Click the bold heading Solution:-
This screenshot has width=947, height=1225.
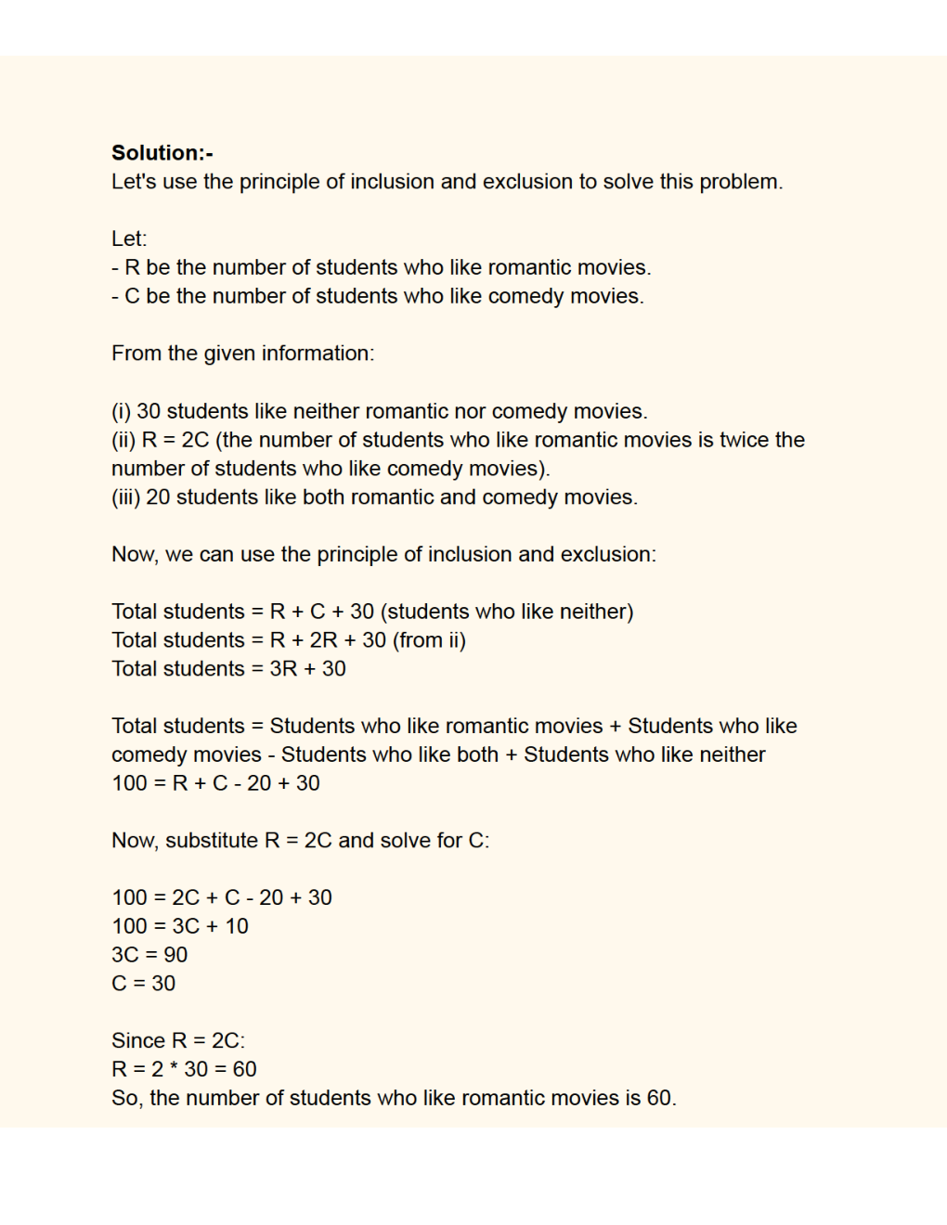pyautogui.click(x=162, y=153)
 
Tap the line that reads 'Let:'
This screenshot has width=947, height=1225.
pyautogui.click(x=129, y=239)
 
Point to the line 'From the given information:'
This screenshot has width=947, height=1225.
pyautogui.click(x=242, y=354)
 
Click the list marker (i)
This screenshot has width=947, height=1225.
pyautogui.click(x=122, y=411)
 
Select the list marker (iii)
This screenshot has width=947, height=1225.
pyautogui.click(x=126, y=497)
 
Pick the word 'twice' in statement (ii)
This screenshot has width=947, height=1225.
pyautogui.click(x=744, y=440)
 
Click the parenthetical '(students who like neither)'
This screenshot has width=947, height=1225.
pyautogui.click(x=507, y=612)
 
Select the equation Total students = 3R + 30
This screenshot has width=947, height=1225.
pyautogui.click(x=228, y=669)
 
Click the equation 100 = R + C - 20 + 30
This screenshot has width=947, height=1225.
pyautogui.click(x=215, y=783)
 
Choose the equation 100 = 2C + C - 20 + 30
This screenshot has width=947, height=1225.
pyautogui.click(x=222, y=897)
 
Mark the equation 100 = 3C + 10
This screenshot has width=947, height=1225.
pyautogui.click(x=180, y=926)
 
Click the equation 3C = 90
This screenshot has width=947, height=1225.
pyautogui.click(x=149, y=955)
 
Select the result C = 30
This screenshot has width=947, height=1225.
pyautogui.click(x=143, y=984)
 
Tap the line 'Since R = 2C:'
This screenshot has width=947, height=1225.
pyautogui.click(x=178, y=1041)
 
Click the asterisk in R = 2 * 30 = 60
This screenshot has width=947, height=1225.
pyautogui.click(x=174, y=1070)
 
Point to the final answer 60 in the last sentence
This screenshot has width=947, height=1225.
pyautogui.click(x=659, y=1099)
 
